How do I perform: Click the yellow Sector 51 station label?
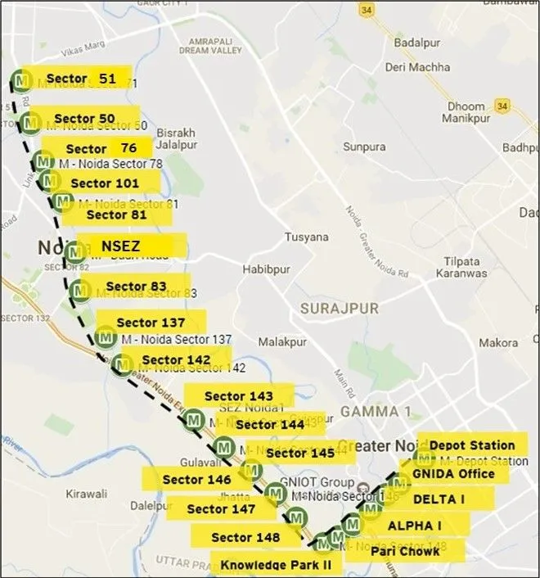[80, 79]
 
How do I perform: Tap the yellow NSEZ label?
[131, 246]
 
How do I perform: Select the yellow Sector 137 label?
[151, 323]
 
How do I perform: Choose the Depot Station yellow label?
[472, 445]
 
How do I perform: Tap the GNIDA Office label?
[453, 473]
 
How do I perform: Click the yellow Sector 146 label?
[196, 480]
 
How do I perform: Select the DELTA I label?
[439, 499]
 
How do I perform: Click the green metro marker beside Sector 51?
[21, 80]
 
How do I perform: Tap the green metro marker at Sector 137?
[106, 336]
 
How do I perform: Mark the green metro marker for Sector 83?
[80, 290]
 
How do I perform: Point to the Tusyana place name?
[306, 237]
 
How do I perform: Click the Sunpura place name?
[364, 147]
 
